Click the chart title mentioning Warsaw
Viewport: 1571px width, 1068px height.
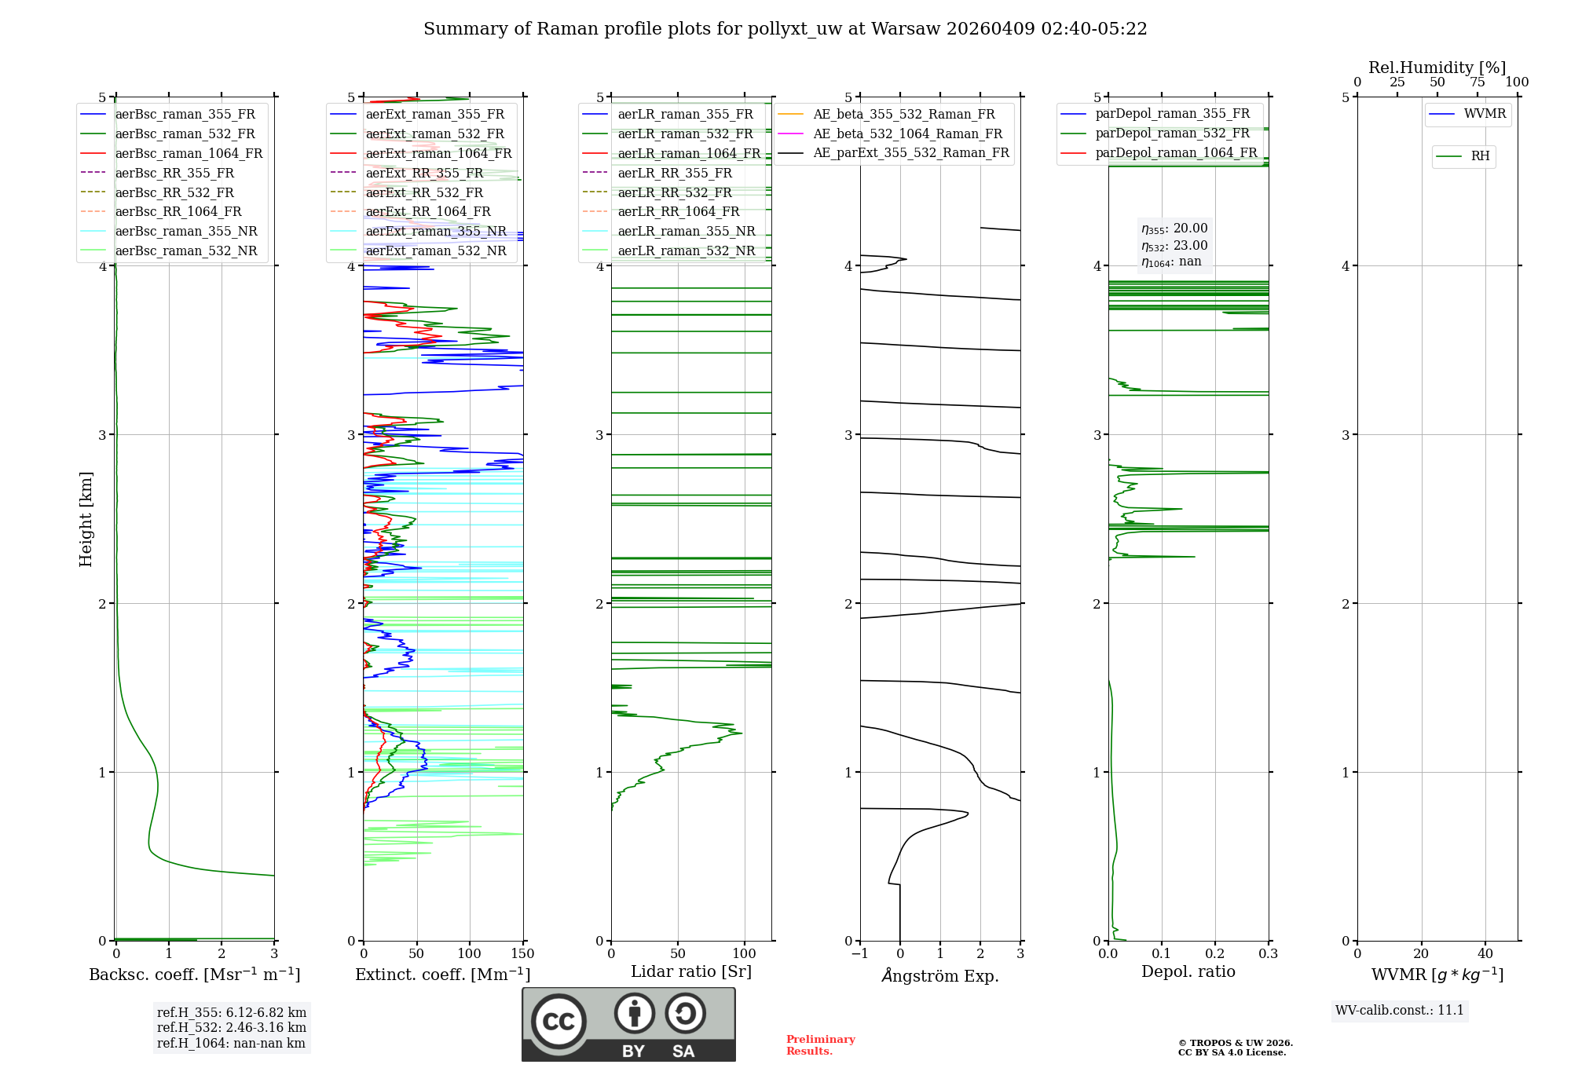[785, 29]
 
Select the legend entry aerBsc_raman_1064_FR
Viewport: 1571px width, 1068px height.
[189, 153]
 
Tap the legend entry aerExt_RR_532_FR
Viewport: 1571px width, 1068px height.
[424, 192]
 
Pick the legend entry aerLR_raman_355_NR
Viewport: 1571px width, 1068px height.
[686, 231]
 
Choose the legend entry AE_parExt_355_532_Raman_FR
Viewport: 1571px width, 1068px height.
[910, 152]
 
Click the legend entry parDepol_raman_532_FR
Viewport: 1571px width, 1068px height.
[1172, 133]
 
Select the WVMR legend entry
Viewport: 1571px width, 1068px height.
[1484, 114]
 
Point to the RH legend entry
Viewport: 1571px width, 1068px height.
[1480, 156]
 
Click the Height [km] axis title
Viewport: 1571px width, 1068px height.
[86, 519]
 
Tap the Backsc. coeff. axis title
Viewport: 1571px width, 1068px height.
[194, 975]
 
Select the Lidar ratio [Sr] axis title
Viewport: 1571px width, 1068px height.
[691, 971]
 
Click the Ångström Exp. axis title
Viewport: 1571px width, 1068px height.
[940, 976]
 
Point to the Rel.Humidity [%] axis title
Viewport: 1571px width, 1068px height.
[1437, 68]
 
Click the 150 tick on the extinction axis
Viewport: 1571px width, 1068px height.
[522, 954]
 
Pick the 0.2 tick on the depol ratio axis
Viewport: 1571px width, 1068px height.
[1214, 954]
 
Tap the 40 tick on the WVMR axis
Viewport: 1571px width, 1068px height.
[1485, 954]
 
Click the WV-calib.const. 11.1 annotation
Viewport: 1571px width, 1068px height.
[1400, 1010]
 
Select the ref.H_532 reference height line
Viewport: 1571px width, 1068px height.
[231, 1027]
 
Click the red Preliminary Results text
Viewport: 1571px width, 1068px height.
[820, 1044]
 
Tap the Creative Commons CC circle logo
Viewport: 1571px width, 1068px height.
[558, 1022]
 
